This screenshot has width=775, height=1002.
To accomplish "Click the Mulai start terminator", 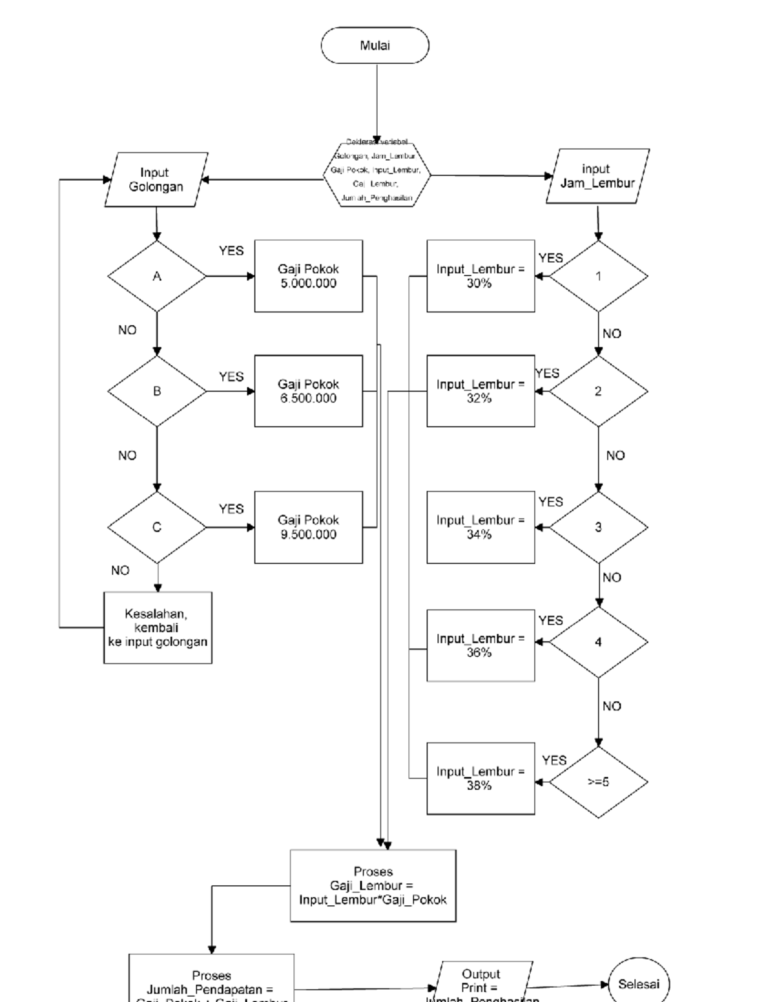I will (375, 45).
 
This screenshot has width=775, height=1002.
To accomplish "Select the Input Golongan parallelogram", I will (156, 180).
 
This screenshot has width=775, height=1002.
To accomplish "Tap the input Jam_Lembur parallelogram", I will (597, 176).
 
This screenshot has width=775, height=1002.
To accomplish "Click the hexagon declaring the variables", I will (376, 175).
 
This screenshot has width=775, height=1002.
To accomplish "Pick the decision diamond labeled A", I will (157, 276).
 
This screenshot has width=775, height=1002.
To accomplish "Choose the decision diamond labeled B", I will (157, 391).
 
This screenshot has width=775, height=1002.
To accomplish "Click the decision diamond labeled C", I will (157, 527).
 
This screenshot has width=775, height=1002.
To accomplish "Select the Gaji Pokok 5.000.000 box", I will (308, 276).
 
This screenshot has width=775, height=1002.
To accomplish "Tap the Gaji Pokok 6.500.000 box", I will (308, 391).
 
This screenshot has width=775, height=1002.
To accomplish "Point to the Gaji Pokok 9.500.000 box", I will (308, 527).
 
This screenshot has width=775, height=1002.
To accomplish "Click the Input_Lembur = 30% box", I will (480, 276).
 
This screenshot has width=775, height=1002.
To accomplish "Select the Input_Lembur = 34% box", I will (480, 527).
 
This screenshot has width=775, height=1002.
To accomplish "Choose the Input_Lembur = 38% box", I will (480, 779).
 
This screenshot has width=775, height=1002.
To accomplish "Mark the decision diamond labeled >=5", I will (598, 782).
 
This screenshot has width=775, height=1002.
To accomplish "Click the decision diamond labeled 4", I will (598, 642).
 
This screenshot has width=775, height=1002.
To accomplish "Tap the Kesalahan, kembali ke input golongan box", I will (158, 628).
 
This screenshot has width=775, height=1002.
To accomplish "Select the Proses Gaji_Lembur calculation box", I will (373, 885).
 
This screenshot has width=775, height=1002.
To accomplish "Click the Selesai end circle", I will (639, 985).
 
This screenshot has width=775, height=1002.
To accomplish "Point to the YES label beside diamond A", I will (231, 251).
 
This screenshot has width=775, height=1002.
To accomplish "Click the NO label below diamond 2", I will (615, 456).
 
